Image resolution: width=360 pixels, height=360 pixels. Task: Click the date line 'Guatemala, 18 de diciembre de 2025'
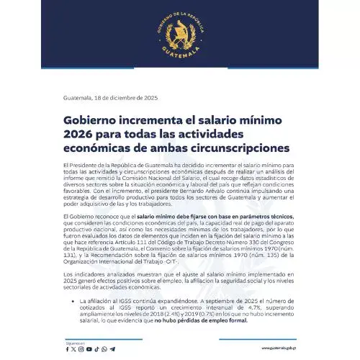[107, 96]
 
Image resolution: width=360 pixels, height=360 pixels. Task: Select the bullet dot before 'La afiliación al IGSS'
[68, 301]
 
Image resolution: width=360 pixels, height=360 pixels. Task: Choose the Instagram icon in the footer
[81, 348]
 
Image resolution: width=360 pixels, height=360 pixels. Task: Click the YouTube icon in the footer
[89, 348]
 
